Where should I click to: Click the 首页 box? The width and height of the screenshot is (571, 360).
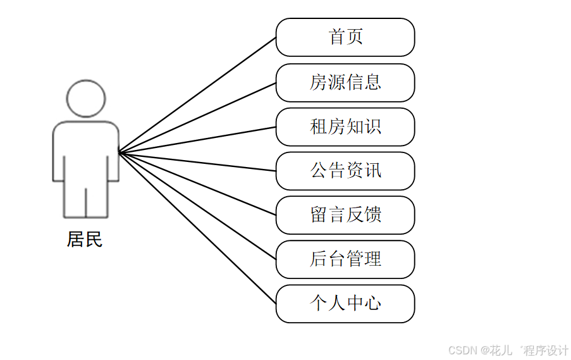click(345, 37)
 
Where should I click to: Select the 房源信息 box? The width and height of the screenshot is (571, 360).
click(345, 82)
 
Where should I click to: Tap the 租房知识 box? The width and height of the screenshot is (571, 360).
click(345, 127)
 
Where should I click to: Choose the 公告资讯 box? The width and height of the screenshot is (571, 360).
click(345, 171)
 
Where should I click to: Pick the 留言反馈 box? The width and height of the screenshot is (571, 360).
click(345, 215)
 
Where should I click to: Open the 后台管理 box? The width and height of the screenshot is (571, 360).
click(345, 259)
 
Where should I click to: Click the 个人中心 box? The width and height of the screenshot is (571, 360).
click(345, 304)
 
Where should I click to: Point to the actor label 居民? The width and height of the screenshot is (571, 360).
click(85, 240)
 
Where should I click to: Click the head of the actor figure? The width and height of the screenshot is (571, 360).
click(86, 99)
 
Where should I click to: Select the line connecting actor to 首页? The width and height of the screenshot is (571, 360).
click(197, 95)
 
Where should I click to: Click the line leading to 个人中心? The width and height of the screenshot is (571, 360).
click(197, 228)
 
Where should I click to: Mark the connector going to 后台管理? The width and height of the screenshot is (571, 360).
click(197, 206)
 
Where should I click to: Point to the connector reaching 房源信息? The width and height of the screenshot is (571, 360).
click(197, 118)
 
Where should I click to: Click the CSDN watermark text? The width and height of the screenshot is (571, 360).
click(508, 350)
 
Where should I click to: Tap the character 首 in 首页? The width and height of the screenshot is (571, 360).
click(337, 37)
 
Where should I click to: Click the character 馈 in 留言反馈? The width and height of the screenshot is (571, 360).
click(373, 215)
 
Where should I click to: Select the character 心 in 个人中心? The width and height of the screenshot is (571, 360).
click(373, 304)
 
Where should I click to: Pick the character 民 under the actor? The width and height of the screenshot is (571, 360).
click(94, 240)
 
